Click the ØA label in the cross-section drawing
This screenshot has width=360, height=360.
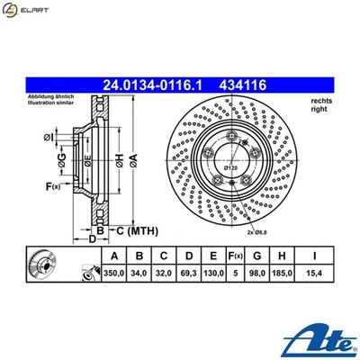point(134,160)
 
